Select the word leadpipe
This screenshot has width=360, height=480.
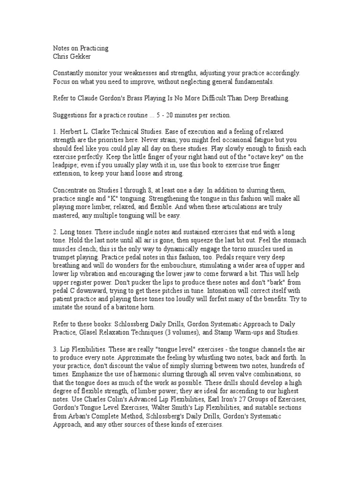click(67, 165)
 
